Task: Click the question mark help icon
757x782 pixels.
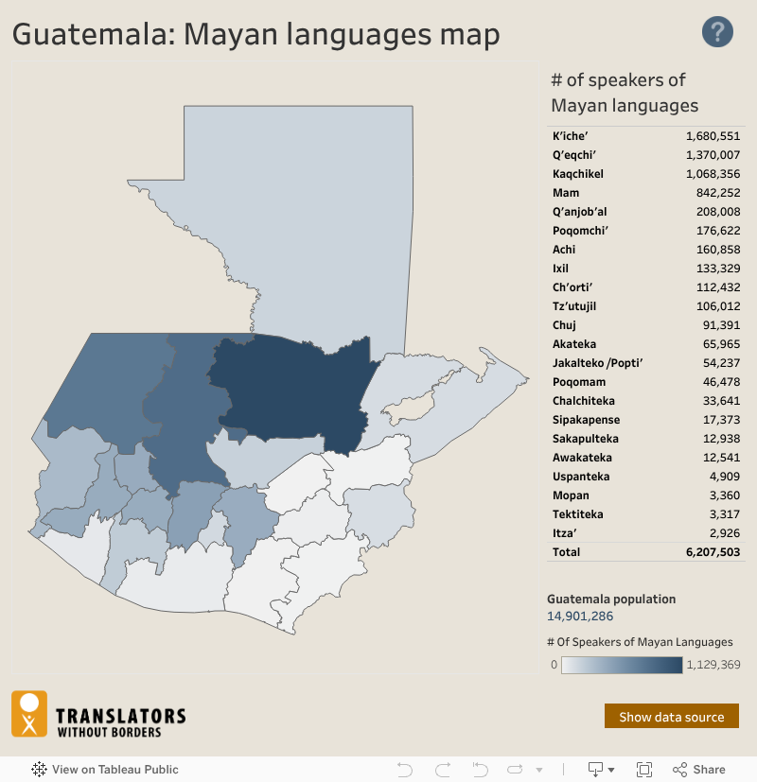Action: (717, 32)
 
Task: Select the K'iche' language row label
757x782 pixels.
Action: (571, 136)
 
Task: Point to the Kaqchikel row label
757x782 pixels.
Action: (578, 174)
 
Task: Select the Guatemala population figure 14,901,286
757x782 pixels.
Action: (580, 617)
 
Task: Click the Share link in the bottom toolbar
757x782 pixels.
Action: (699, 770)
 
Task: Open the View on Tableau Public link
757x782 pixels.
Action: (105, 770)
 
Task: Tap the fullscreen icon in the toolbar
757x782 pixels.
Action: (644, 770)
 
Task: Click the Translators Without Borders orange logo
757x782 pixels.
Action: (28, 714)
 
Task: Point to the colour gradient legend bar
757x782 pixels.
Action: (622, 665)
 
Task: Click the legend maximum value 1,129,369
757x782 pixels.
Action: (713, 665)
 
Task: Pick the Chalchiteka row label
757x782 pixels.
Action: (584, 401)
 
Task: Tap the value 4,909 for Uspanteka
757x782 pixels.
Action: (724, 477)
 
